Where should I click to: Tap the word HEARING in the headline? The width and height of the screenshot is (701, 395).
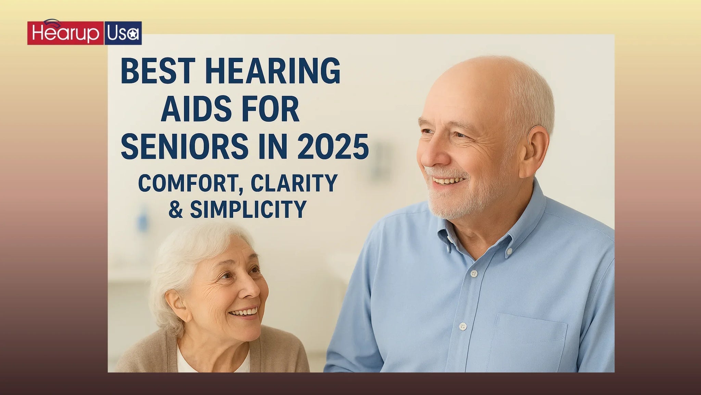coord(273,71)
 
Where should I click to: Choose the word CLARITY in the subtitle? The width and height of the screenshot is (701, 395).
coord(294,183)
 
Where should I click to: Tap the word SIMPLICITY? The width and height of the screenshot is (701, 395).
coord(248,210)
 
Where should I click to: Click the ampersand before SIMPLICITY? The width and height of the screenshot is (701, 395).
coord(176,210)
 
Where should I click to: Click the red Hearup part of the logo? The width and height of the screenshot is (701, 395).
coord(65,33)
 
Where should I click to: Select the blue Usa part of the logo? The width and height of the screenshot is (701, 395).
coord(123,33)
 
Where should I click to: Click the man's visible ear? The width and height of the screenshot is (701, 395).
coord(536,147)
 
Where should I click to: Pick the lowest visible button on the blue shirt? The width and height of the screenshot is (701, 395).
coord(463,326)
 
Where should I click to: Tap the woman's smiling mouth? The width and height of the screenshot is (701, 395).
coord(244,313)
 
